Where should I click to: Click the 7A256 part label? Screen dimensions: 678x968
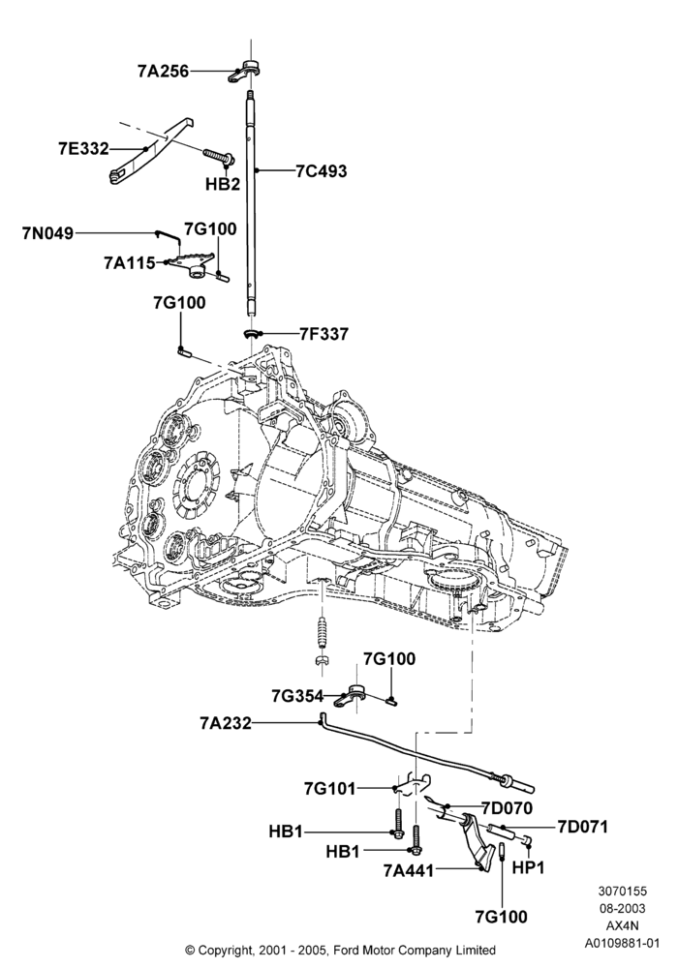click(x=163, y=71)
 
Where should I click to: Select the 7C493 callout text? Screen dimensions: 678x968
click(x=322, y=171)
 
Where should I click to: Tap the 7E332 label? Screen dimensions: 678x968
click(x=83, y=149)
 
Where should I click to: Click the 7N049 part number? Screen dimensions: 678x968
click(x=47, y=233)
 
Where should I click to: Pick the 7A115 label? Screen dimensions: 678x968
click(x=130, y=263)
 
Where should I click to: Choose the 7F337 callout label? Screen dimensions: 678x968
click(x=324, y=334)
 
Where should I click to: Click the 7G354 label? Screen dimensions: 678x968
click(x=297, y=696)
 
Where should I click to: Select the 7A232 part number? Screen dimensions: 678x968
click(x=226, y=723)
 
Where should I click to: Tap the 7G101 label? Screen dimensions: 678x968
click(x=329, y=788)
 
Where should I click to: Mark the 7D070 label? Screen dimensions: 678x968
click(x=507, y=807)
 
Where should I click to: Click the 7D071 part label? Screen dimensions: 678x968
click(x=582, y=826)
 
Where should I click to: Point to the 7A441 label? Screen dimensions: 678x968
click(x=409, y=870)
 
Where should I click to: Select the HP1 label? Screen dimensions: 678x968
click(x=529, y=867)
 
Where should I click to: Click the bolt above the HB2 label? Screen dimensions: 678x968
click(x=217, y=156)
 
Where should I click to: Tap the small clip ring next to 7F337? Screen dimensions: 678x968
click(x=252, y=334)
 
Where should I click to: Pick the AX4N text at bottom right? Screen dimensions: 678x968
click(x=622, y=925)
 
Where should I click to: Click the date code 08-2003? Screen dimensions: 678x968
click(x=622, y=908)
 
